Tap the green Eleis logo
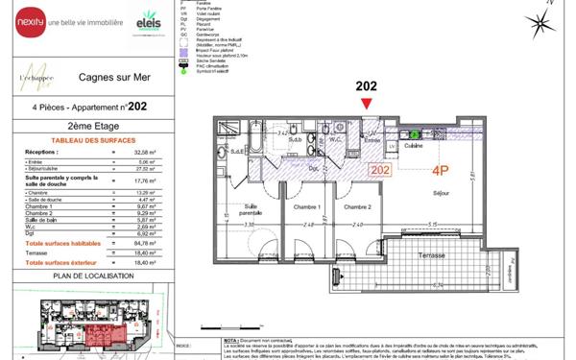(149, 20)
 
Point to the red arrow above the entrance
(366, 103)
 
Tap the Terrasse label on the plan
(435, 255)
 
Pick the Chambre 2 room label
(357, 206)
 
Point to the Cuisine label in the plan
(414, 146)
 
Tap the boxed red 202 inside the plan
(379, 170)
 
